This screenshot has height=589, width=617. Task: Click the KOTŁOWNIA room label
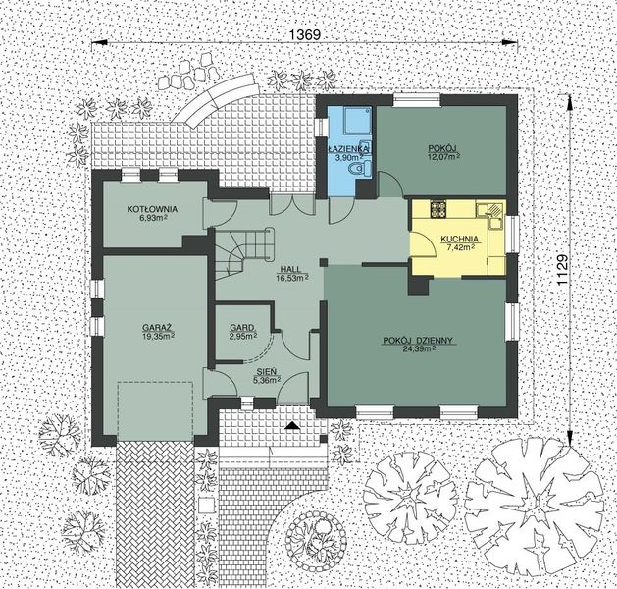[151, 209]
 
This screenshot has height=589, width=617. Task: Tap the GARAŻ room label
[157, 325]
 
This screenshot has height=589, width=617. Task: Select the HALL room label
[291, 268]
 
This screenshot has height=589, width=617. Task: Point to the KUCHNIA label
[459, 239]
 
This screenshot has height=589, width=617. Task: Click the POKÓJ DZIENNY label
[417, 341]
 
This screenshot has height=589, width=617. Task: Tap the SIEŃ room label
[266, 372]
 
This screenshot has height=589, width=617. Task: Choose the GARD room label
[242, 327]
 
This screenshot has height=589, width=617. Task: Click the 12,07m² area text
[443, 156]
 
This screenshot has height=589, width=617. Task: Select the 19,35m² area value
[157, 335]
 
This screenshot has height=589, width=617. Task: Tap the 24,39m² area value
[418, 350]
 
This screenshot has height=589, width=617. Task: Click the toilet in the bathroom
[359, 170]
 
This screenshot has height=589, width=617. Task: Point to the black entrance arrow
[292, 425]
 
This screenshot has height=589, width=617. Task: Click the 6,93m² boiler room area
[151, 218]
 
